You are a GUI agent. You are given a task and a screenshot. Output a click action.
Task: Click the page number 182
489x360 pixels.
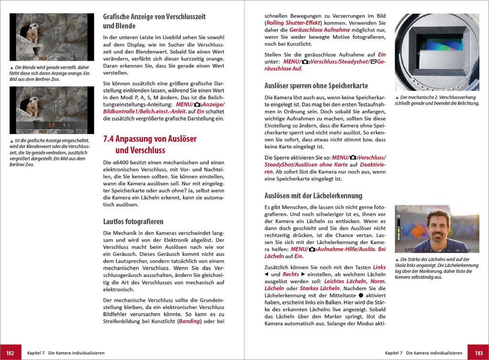(x=10, y=352)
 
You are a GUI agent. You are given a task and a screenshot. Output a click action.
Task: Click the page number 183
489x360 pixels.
(x=478, y=352)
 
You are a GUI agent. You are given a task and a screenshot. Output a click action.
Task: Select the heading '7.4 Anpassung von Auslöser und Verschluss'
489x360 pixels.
(x=149, y=144)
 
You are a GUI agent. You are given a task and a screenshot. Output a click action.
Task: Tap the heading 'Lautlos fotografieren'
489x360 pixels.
(x=133, y=222)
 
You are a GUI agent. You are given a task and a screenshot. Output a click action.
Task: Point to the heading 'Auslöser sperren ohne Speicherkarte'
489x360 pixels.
(x=316, y=86)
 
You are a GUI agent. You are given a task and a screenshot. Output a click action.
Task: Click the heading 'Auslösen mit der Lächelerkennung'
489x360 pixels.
(x=313, y=195)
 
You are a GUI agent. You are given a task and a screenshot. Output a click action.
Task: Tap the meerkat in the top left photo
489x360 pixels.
(x=32, y=33)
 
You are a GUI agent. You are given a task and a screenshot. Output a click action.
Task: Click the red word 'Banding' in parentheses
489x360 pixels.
(x=189, y=321)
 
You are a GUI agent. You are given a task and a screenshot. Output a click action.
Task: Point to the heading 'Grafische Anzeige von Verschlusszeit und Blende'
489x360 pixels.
(x=154, y=21)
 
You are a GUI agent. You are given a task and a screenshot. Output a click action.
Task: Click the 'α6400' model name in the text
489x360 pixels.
(x=122, y=162)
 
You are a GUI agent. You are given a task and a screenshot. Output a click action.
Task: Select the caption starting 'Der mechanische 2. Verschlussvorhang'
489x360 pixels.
(x=437, y=100)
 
